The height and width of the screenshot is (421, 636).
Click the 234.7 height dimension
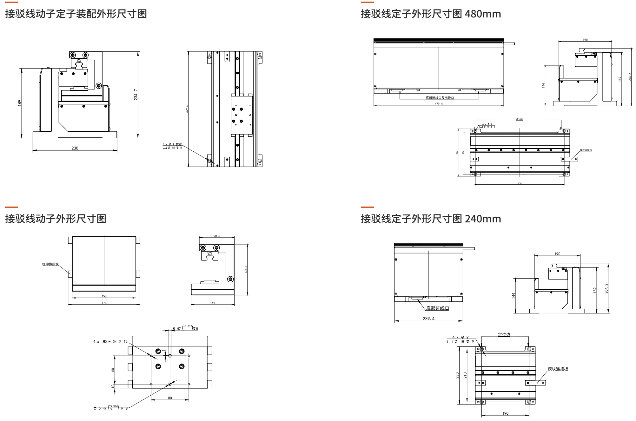click(136, 95)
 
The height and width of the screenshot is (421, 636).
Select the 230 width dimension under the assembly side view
click(75, 148)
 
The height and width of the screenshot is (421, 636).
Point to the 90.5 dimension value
click(217, 236)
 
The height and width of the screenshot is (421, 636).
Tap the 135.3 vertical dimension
click(246, 270)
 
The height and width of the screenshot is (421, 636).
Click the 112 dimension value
click(213, 303)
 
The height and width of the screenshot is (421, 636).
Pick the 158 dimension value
click(104, 296)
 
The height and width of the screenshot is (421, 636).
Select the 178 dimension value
click(104, 303)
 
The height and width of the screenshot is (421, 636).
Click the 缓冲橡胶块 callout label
click(50, 264)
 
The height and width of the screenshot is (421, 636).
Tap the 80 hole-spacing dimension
click(170, 398)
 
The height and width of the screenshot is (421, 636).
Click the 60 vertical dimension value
click(113, 370)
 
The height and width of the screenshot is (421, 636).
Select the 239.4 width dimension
click(428, 319)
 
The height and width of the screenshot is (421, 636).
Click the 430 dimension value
click(520, 183)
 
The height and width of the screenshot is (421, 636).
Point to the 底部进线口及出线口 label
click(440, 98)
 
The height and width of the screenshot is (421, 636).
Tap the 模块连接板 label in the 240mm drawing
click(558, 369)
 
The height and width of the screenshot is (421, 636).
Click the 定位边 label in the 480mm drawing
click(520, 119)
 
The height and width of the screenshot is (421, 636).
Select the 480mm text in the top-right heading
click(483, 14)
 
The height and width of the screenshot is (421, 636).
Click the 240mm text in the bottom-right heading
click(483, 219)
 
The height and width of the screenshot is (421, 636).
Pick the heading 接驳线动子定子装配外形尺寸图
click(76, 14)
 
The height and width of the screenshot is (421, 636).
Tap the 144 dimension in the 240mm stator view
click(513, 295)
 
